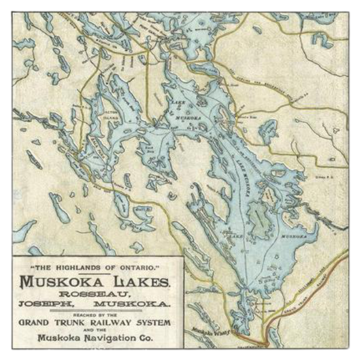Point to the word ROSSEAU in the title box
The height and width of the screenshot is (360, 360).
(x=97, y=293)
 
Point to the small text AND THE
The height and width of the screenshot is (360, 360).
(x=97, y=330)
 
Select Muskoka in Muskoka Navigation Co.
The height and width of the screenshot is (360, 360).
(x=58, y=337)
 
